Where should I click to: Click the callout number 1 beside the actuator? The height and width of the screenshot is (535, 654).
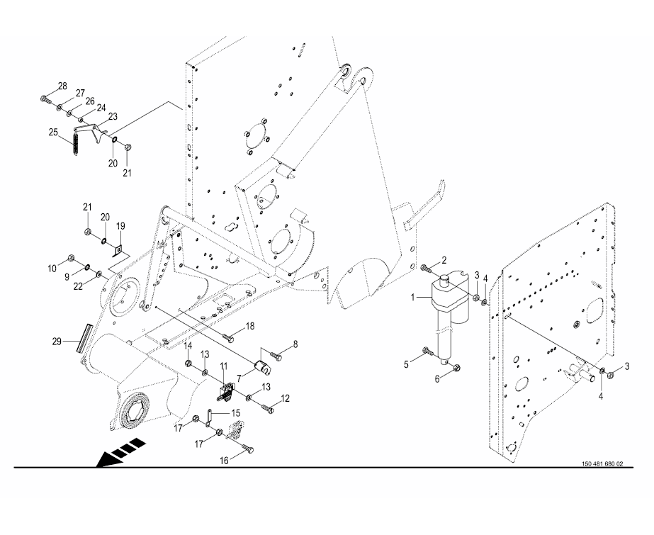(x=413, y=298)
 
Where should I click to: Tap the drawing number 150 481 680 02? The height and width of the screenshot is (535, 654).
(x=602, y=464)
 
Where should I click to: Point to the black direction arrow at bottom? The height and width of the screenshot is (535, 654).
(x=120, y=454)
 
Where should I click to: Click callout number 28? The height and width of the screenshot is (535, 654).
(x=62, y=86)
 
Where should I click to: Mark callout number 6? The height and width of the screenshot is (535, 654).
(x=436, y=380)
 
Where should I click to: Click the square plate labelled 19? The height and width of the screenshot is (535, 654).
(x=120, y=249)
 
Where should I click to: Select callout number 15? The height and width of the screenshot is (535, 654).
(x=235, y=412)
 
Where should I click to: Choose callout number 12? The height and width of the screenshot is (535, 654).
(x=285, y=399)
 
